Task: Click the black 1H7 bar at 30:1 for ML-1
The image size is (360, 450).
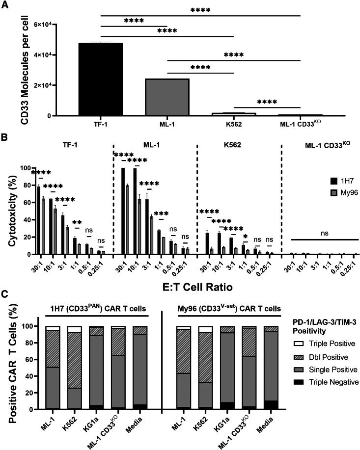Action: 122,211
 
